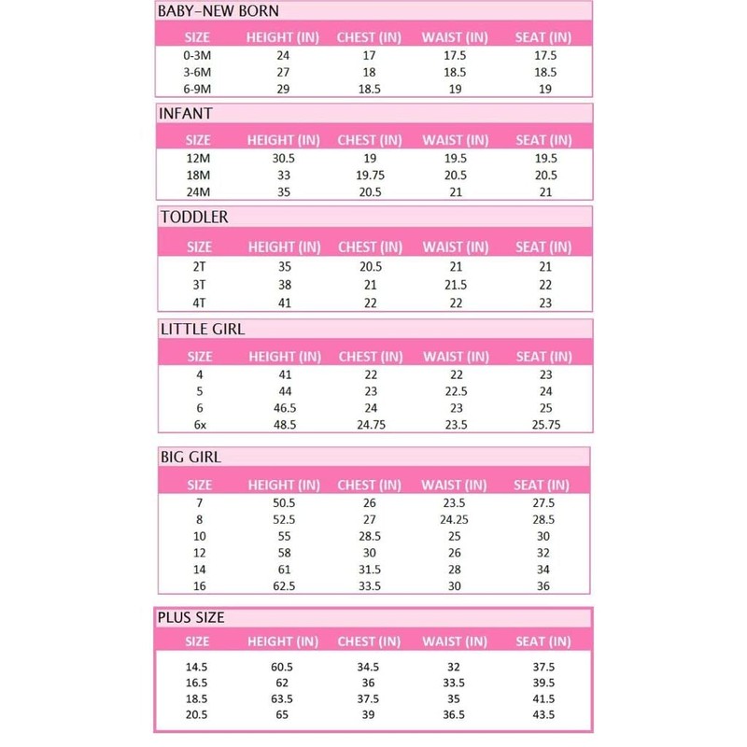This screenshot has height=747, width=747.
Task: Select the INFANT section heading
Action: pyautogui.click(x=188, y=114)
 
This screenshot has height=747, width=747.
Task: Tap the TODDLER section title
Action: pyautogui.click(x=195, y=217)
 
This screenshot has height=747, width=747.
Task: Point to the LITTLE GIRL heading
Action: pyautogui.click(x=203, y=329)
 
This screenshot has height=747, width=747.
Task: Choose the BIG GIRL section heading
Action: pyautogui.click(x=190, y=457)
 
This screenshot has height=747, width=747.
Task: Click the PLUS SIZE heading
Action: pyautogui.click(x=192, y=617)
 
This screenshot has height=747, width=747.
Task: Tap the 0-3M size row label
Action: pyautogui.click(x=199, y=57)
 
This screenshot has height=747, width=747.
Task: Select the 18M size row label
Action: pyautogui.click(x=199, y=175)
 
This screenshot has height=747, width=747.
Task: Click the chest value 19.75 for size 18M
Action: pyautogui.click(x=371, y=175)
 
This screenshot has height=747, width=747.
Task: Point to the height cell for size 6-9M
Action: pyautogui.click(x=283, y=89)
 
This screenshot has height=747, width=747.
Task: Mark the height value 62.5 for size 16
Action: pyautogui.click(x=283, y=585)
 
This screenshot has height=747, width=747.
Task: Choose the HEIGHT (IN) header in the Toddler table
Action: pyautogui.click(x=283, y=248)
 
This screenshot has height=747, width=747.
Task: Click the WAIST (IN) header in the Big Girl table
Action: pyautogui.click(x=456, y=486)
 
